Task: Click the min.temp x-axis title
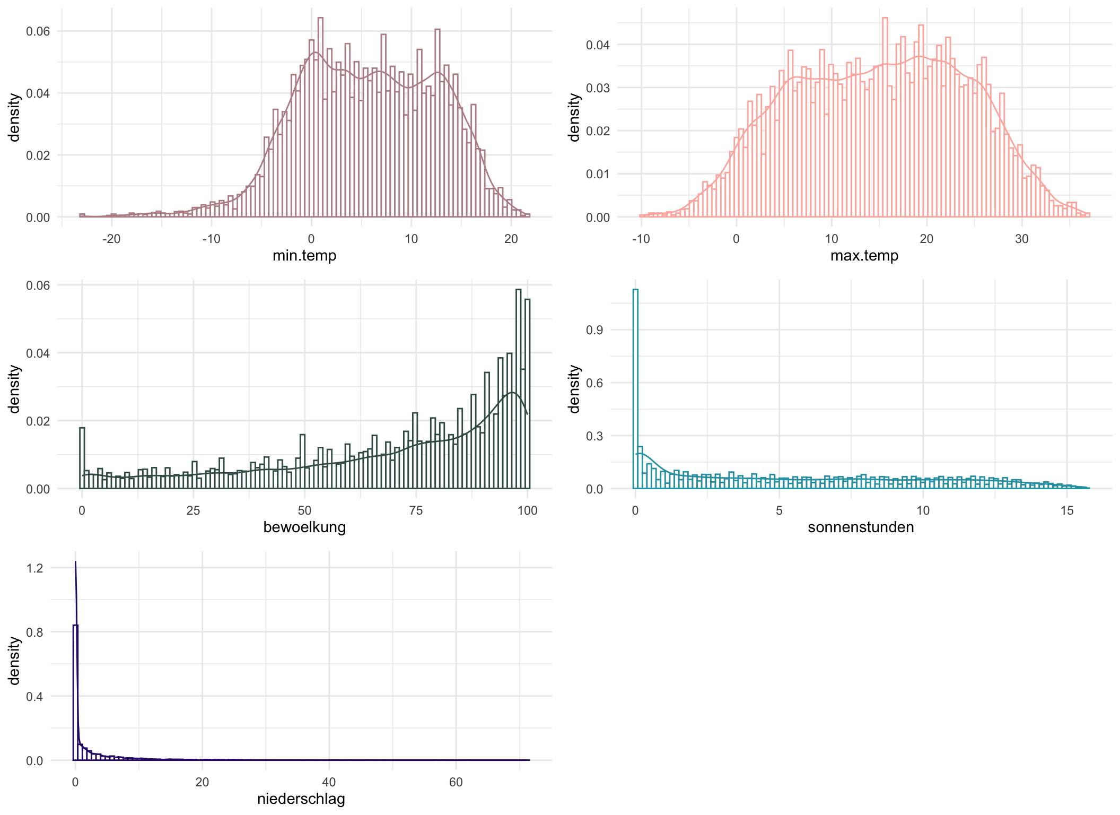tap(304, 256)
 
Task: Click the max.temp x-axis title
tap(864, 256)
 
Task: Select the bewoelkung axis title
tap(304, 527)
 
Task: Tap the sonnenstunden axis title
tap(861, 527)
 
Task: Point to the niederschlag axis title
tap(301, 799)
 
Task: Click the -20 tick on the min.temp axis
tap(111, 239)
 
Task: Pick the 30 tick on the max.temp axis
tap(1021, 239)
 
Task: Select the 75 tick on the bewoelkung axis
tap(416, 511)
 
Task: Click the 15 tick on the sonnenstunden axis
tap(1066, 511)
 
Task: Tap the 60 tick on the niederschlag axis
tap(456, 783)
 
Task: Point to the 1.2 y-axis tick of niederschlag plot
tap(34, 568)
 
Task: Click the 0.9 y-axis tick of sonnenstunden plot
tap(594, 330)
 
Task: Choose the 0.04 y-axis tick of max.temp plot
tap(598, 45)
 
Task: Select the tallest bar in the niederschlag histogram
tap(75, 695)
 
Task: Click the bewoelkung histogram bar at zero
tap(82, 459)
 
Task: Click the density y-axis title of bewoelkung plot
tap(14, 389)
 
